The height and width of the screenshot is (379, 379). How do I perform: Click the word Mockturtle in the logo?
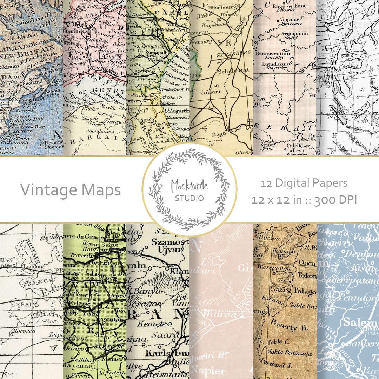[189, 186]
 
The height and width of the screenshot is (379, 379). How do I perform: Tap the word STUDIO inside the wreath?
[189, 198]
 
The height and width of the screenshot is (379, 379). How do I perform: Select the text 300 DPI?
[335, 200]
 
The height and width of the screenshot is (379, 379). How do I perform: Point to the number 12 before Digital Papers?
[266, 183]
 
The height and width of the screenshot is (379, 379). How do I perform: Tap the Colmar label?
[211, 92]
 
